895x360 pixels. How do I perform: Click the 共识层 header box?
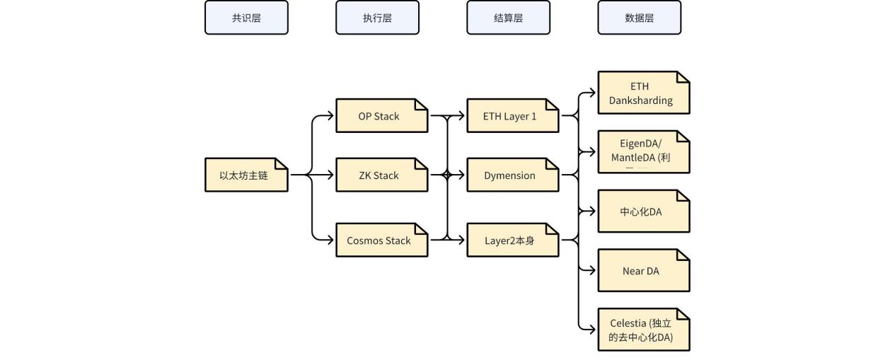[246, 18]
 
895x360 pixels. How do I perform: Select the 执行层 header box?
[377, 18]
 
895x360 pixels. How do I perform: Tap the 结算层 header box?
[508, 18]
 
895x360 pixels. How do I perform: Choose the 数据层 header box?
[639, 18]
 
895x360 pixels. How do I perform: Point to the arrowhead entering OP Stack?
[331, 116]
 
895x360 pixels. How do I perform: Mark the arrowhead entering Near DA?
[593, 270]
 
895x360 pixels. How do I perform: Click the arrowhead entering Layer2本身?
[462, 240]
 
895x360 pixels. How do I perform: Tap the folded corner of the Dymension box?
[553, 164]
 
